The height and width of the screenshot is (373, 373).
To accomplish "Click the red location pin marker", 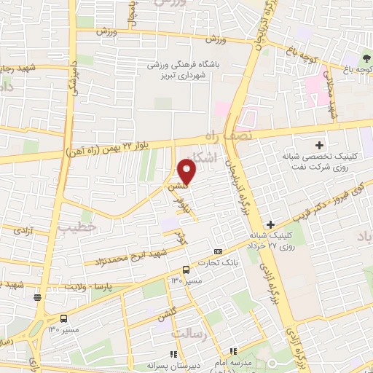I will [x=187, y=172].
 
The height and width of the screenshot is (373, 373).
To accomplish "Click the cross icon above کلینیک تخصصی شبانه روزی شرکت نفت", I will [x=318, y=145].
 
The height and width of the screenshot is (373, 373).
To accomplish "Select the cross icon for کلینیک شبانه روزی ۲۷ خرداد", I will [x=271, y=224].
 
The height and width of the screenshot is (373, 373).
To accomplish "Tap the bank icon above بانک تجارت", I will [x=208, y=251].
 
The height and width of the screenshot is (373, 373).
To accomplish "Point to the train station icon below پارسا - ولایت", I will [x=37, y=296].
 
